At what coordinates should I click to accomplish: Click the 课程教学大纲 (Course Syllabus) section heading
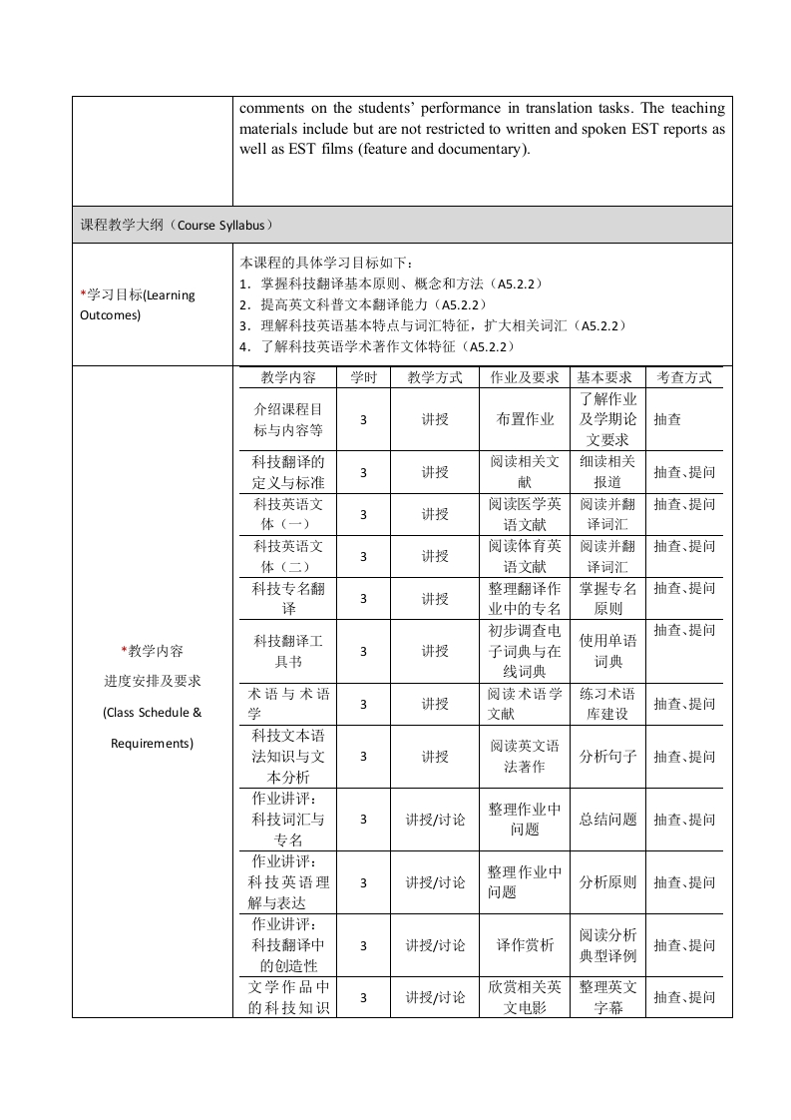(x=177, y=225)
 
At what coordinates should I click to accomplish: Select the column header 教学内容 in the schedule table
(x=288, y=377)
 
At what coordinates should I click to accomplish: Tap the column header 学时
(x=363, y=377)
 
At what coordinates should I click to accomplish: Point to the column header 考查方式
(x=683, y=377)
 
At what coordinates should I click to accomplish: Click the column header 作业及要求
(x=525, y=377)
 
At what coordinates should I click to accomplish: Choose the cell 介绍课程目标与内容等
(x=288, y=420)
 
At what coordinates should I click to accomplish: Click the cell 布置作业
(x=525, y=420)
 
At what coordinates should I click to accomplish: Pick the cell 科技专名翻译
(x=288, y=598)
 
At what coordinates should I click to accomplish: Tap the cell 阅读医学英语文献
(x=525, y=514)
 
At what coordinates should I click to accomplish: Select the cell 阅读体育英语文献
(x=525, y=556)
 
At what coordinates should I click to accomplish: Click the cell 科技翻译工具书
(x=288, y=651)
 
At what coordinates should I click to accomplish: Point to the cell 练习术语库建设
(x=607, y=704)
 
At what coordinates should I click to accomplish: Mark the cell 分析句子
(x=607, y=757)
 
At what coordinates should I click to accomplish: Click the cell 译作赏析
(x=525, y=945)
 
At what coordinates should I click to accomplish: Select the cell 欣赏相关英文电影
(x=525, y=997)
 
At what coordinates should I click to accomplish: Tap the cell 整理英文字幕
(x=607, y=997)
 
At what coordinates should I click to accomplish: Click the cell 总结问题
(x=607, y=820)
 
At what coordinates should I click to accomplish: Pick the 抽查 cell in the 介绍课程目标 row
(x=667, y=420)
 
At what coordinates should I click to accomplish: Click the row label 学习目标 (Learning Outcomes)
(x=138, y=304)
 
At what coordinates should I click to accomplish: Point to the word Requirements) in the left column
(x=152, y=744)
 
